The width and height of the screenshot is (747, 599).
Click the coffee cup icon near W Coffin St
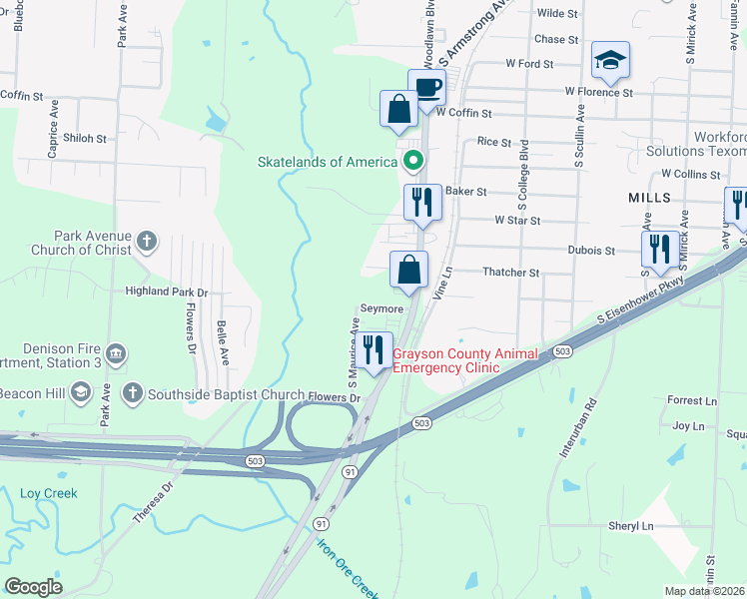coord(426,88)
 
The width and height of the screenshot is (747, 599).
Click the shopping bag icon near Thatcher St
coord(408,270)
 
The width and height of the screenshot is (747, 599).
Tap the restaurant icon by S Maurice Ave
coord(374,350)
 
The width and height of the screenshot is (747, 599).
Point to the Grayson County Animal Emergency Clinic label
coord(464,360)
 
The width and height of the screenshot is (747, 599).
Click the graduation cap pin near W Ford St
coord(609,61)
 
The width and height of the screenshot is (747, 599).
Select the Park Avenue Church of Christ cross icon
coord(147,240)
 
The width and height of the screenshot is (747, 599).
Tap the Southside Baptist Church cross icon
coord(132,393)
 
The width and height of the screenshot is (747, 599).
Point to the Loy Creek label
coord(48,493)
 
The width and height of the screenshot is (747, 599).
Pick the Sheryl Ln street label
coord(630,525)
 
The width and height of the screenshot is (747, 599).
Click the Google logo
coord(34,586)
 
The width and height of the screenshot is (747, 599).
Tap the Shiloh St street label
coord(84,138)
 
